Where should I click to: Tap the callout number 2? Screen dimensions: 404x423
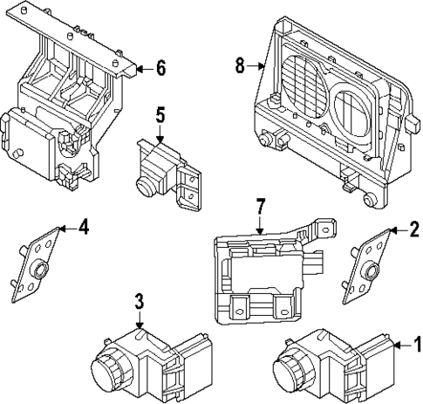[x=415, y=229]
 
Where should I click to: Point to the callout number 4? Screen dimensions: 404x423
[x=83, y=228]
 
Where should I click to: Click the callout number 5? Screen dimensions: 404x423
[x=160, y=114]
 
